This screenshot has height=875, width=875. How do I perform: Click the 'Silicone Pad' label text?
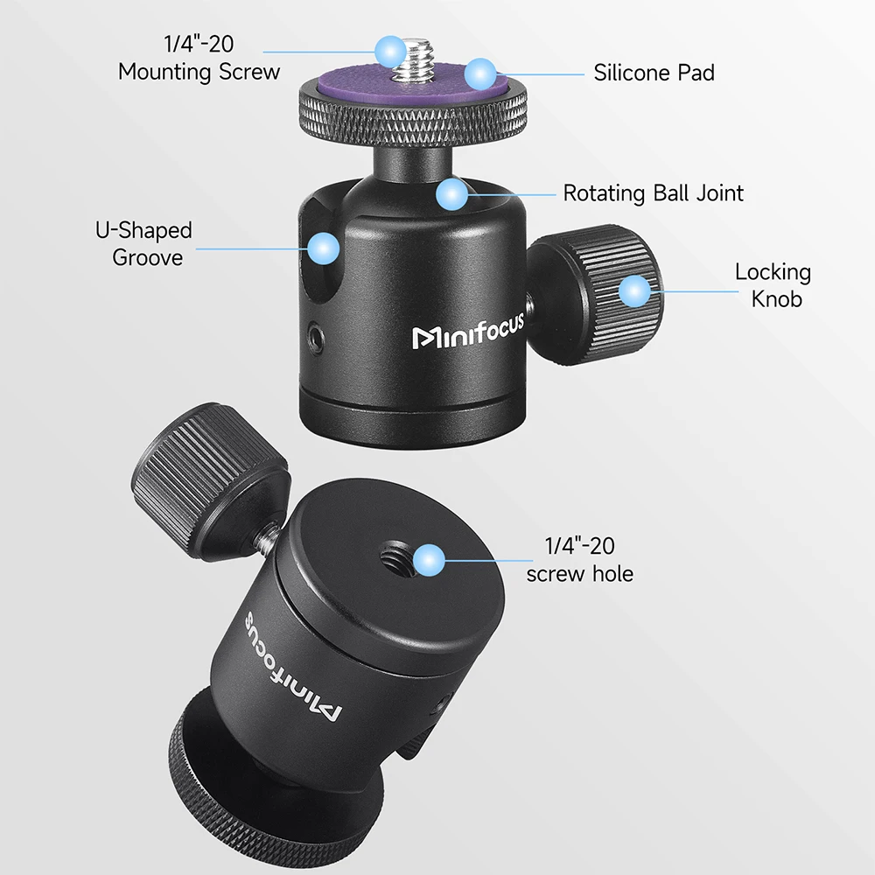(x=654, y=72)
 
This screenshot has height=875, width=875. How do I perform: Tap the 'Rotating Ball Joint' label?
(x=653, y=192)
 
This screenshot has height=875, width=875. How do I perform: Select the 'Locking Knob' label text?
(x=773, y=285)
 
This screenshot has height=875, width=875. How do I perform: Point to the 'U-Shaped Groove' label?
(x=143, y=244)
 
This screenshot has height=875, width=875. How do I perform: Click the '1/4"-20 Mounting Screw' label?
(x=199, y=59)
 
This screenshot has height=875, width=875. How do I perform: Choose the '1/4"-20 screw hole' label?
(x=579, y=560)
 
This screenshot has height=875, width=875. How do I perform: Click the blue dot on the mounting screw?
(x=389, y=49)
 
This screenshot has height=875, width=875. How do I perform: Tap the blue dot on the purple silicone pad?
(x=480, y=73)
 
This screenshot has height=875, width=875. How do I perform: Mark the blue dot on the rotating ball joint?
(x=452, y=194)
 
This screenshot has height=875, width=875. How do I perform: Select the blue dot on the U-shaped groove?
(x=324, y=248)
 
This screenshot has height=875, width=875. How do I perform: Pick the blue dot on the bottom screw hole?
(x=428, y=559)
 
